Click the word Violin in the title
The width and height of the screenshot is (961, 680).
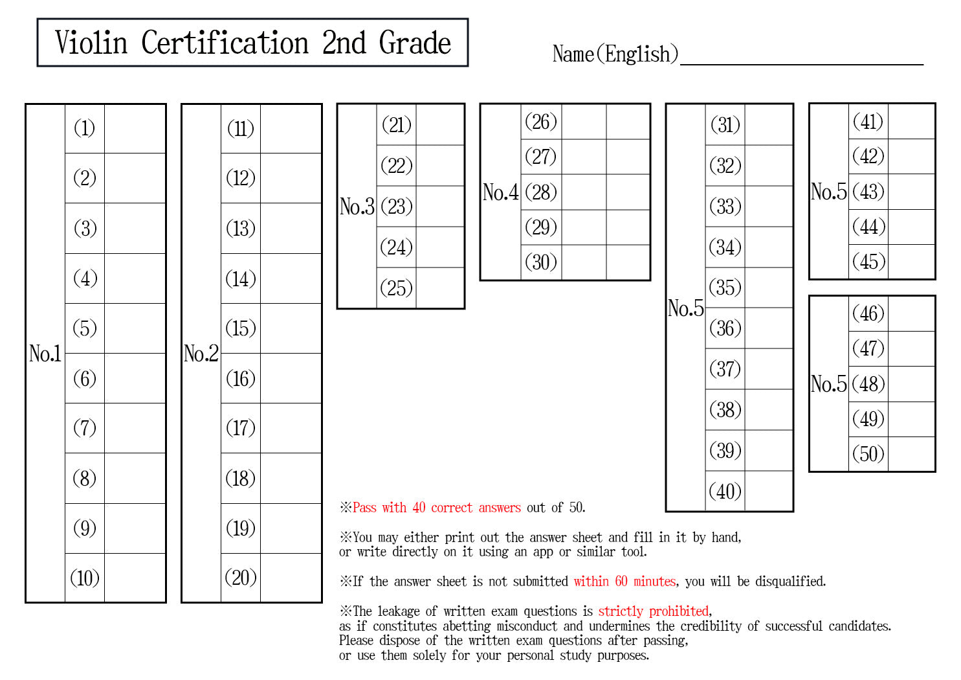coord(91,43)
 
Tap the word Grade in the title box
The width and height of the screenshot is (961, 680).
coord(414,43)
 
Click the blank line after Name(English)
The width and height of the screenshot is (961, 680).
coord(802,64)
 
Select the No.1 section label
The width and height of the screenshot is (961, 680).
coord(45,354)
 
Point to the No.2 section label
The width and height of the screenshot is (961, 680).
coord(201,354)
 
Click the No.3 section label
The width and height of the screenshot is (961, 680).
coord(357,207)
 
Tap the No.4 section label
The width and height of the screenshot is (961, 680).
coord(500,192)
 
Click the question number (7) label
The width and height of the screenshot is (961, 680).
coord(85,428)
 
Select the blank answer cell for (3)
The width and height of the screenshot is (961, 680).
coord(135,228)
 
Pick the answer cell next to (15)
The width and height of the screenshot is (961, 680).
coord(291,328)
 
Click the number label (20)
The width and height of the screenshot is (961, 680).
coord(241,578)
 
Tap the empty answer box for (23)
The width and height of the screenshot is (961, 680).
coord(440,207)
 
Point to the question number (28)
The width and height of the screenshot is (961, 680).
coord(541,192)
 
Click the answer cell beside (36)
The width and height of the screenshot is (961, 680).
coord(769,328)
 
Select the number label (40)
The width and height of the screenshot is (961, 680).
coord(725,491)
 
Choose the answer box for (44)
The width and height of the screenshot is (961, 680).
coord(911,227)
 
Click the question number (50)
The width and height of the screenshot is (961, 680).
coord(868,454)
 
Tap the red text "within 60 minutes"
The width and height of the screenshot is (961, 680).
coord(624,582)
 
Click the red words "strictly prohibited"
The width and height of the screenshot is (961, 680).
coord(654,611)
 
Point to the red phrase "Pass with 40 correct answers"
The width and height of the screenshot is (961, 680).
coord(437,508)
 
